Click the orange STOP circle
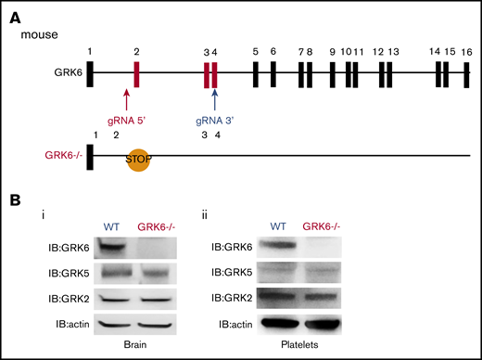pos(138,158)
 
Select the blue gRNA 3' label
pos(214,120)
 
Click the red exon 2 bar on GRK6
pos(136,74)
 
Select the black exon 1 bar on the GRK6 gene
pos(89,74)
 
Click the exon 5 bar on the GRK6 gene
pos(255,74)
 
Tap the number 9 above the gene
pos(333,52)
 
